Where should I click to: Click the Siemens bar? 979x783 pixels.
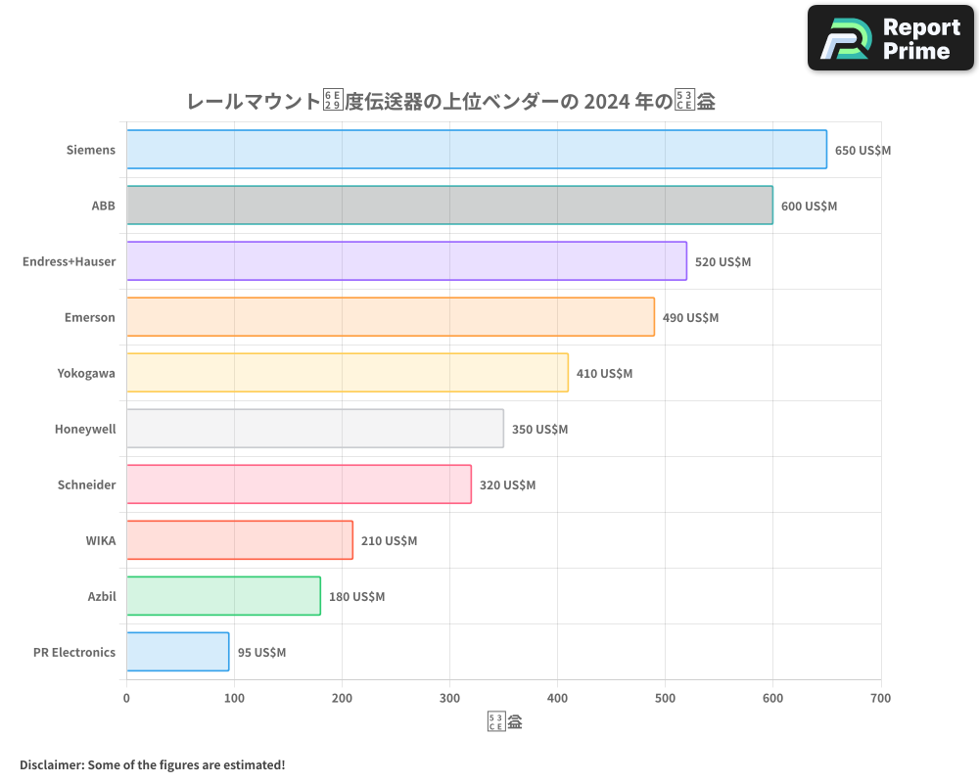point(476,150)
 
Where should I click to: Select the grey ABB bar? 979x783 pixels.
point(449,206)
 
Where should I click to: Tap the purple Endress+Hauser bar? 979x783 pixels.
point(406,261)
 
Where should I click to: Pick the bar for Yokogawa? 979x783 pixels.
point(347,373)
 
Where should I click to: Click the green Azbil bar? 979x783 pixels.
point(223,596)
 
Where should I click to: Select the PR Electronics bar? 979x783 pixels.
point(177,652)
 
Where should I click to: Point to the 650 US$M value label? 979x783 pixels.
point(862,151)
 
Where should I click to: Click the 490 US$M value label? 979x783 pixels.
point(690,318)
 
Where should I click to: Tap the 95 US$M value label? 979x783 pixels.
point(261,653)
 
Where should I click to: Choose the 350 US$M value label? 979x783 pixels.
point(539,430)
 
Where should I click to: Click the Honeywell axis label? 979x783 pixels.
point(85,429)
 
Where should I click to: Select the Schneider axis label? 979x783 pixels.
point(86,484)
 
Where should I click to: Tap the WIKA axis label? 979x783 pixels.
point(101,540)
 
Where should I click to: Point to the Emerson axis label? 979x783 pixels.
point(90,317)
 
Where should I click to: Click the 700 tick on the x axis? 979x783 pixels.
point(880,698)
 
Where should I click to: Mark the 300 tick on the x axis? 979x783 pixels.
point(449,698)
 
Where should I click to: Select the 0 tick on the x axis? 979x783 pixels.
point(126,698)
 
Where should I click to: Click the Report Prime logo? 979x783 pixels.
point(890,38)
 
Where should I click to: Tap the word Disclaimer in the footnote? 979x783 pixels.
point(51,764)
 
